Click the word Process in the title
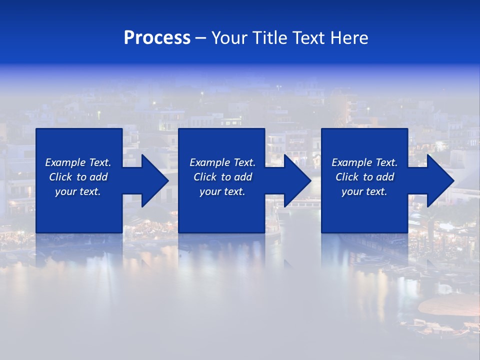pyautogui.click(x=157, y=38)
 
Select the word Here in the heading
pyautogui.click(x=349, y=38)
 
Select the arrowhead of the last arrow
pyautogui.click(x=442, y=180)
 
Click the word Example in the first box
pyautogui.click(x=65, y=162)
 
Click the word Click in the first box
pyautogui.click(x=60, y=177)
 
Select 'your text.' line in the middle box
pyautogui.click(x=222, y=191)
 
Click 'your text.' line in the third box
pyautogui.click(x=364, y=191)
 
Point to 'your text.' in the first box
pyautogui.click(x=77, y=191)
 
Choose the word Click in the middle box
pyautogui.click(x=205, y=177)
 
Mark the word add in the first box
pyautogui.click(x=98, y=177)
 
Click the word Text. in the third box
pyautogui.click(x=386, y=162)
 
